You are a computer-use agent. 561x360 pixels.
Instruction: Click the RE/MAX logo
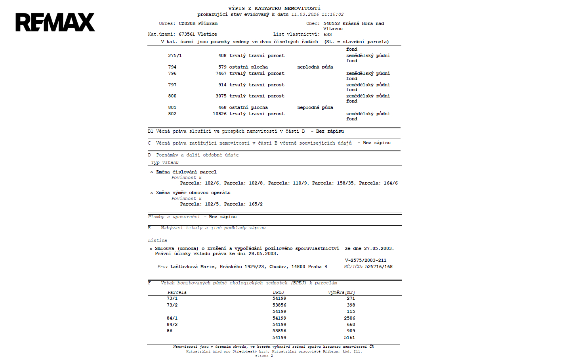pyautogui.click(x=55, y=22)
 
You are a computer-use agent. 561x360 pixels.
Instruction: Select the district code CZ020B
pyautogui.click(x=187, y=23)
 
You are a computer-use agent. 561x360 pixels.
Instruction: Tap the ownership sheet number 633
pyautogui.click(x=328, y=34)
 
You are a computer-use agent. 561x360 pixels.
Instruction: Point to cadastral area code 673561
pyautogui.click(x=187, y=34)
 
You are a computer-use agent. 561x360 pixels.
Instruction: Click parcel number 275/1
pyautogui.click(x=175, y=55)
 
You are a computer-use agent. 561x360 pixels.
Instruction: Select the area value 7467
pyautogui.click(x=221, y=73)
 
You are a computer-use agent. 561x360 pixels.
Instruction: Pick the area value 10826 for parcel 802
pyautogui.click(x=219, y=114)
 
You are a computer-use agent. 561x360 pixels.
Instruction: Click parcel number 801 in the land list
pyautogui.click(x=172, y=107)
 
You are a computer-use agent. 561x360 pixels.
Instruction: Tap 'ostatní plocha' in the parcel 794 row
pyautogui.click(x=248, y=67)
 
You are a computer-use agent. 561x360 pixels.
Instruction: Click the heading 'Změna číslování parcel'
pyautogui.click(x=186, y=172)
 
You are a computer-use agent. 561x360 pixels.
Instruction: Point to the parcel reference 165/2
pyautogui.click(x=256, y=204)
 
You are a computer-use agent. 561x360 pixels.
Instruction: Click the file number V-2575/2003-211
pyautogui.click(x=365, y=260)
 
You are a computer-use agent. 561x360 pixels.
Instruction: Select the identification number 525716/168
pyautogui.click(x=379, y=267)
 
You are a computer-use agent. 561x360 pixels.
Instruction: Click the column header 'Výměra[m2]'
pyautogui.click(x=341, y=292)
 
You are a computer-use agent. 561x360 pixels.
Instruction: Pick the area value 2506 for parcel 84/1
pyautogui.click(x=349, y=318)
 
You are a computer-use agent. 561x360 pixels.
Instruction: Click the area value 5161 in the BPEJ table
pyautogui.click(x=349, y=337)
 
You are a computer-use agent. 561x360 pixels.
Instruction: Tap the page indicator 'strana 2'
pyautogui.click(x=264, y=356)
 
